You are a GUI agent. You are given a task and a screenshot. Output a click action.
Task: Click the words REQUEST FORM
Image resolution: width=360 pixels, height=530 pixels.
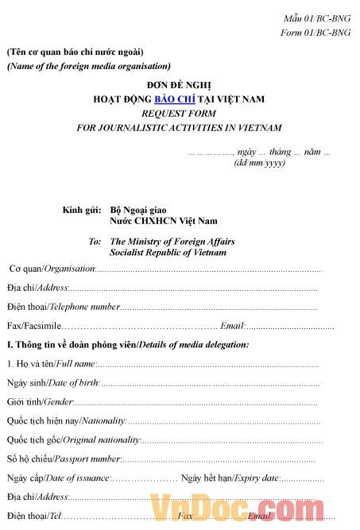coord(179,114)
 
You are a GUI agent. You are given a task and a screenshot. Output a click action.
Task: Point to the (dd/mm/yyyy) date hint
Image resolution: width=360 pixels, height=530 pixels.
coord(259,163)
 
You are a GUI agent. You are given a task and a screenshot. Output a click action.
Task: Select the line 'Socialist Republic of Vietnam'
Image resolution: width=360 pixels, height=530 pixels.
coord(168,253)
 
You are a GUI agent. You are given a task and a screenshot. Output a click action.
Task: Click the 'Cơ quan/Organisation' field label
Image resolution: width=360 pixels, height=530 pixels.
coord(52,269)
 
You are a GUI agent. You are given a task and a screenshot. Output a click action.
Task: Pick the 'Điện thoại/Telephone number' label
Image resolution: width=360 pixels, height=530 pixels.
coord(64,306)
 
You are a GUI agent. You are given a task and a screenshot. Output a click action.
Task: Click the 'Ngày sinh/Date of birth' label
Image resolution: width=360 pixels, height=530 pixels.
coord(52,382)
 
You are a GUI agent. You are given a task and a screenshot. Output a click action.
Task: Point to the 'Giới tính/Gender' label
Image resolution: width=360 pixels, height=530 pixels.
coord(41,401)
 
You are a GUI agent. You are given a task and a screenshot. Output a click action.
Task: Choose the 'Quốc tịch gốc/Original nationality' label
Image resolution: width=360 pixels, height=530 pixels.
coord(73,439)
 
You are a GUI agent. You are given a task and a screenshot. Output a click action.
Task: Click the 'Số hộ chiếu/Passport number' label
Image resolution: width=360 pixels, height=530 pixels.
coord(64,458)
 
